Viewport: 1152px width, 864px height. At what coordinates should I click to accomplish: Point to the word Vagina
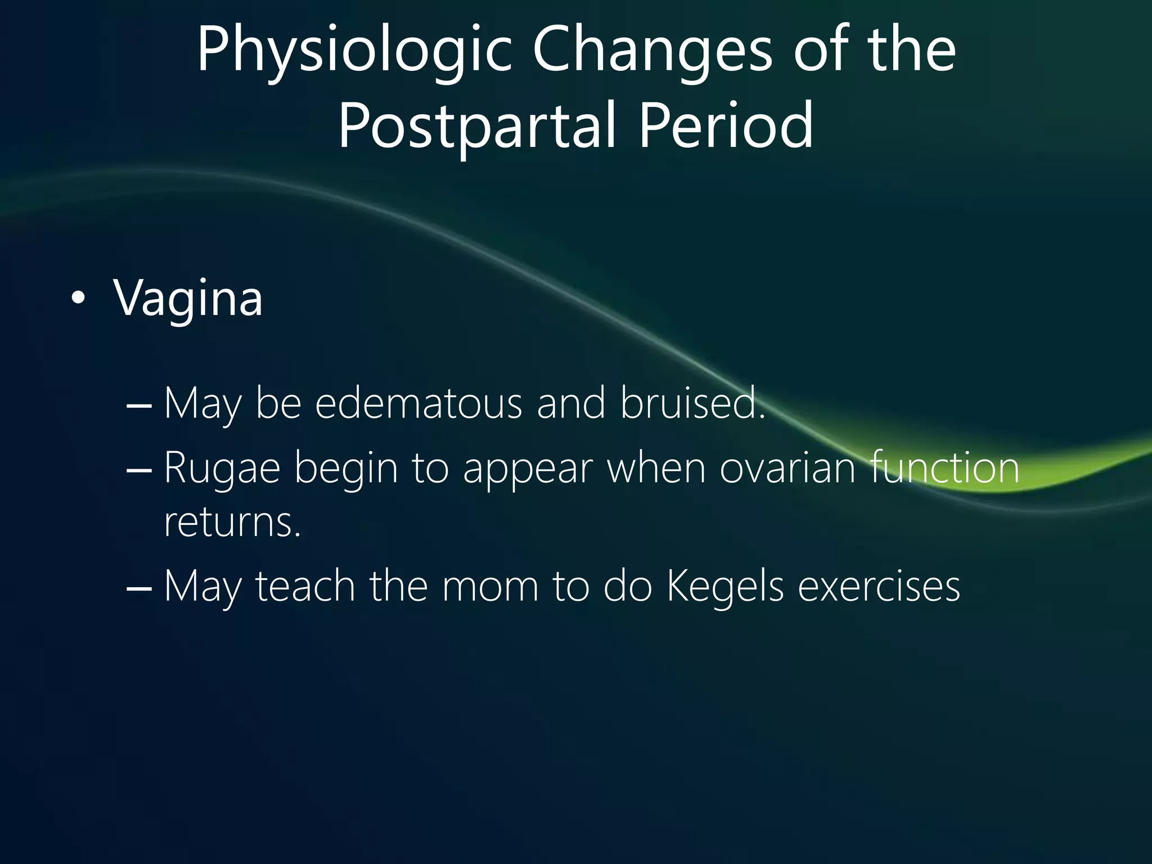tap(188, 298)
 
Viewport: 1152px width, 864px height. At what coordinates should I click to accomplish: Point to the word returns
tap(232, 523)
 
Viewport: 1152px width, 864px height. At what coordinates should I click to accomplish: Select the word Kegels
tap(724, 586)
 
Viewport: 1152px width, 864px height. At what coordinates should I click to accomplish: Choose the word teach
tap(305, 586)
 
